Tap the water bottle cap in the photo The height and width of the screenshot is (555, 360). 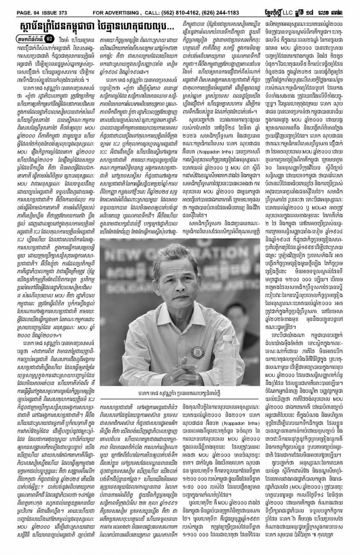coord(230,334)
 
